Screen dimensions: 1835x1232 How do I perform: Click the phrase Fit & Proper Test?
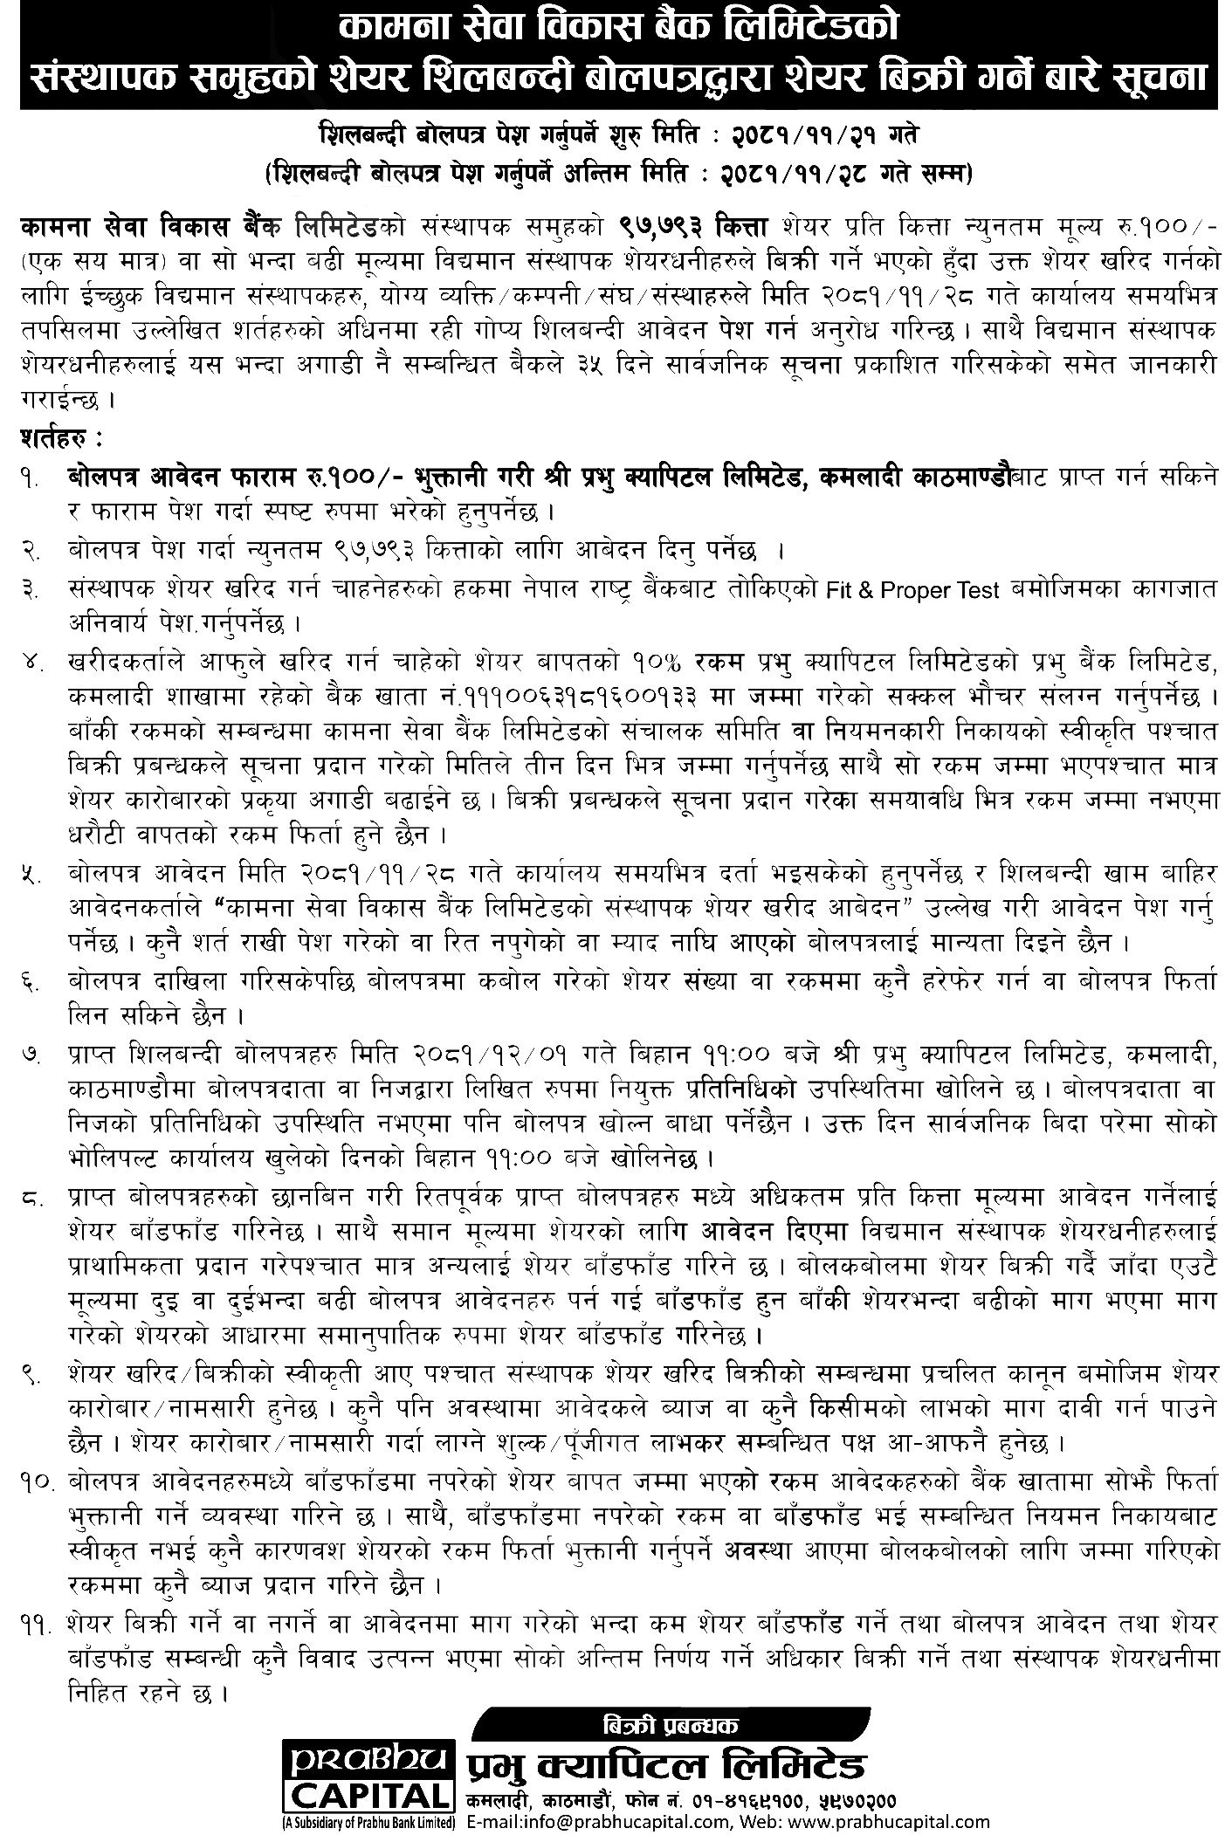(912, 591)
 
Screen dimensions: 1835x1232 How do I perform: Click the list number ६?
(34, 983)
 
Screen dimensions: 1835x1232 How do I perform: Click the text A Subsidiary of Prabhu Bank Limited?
(368, 1824)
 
